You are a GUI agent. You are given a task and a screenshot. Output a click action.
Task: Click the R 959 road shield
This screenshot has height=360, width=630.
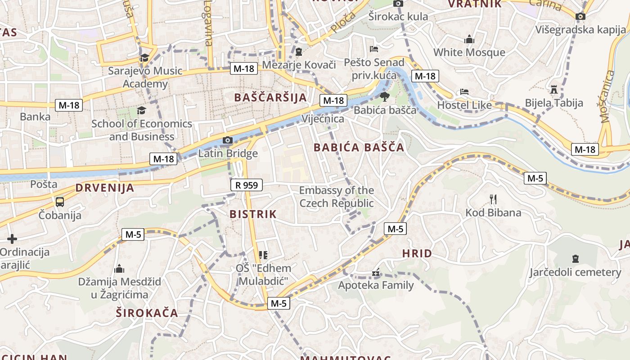tap(247, 184)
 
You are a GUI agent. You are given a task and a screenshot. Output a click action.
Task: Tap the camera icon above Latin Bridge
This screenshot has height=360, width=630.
tap(228, 140)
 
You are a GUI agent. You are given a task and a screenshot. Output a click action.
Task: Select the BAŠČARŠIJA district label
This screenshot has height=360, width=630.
tap(270, 97)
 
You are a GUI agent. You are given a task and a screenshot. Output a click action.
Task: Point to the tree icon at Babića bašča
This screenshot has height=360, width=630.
tap(385, 97)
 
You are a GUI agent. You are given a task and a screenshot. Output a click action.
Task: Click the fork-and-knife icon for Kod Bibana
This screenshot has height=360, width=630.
tap(493, 199)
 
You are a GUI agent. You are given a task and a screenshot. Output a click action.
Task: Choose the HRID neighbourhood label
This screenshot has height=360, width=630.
tap(417, 253)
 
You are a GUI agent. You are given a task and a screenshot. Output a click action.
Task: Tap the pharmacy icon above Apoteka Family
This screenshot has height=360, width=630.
tap(376, 273)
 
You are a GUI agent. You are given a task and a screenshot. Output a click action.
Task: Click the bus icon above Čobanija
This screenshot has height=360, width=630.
tap(60, 202)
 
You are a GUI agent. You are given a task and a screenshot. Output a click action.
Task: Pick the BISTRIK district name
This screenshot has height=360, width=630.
tap(253, 214)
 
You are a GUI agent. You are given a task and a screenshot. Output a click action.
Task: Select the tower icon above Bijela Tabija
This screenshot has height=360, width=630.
tap(554, 90)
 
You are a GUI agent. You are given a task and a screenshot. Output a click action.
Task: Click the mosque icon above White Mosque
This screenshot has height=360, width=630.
tap(469, 40)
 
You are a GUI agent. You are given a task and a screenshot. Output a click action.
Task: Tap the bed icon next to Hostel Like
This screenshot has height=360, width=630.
tap(464, 92)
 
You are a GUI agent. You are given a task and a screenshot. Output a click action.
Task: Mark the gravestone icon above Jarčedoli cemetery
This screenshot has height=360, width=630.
tap(575, 259)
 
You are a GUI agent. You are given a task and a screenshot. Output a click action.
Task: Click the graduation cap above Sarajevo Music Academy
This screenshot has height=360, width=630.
tap(144, 58)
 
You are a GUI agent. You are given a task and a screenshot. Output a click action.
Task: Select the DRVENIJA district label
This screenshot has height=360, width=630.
tap(105, 188)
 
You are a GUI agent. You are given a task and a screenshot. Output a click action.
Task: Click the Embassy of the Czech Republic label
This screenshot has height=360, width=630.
tap(337, 197)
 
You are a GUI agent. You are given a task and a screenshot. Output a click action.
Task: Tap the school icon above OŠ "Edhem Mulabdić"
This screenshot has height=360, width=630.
tap(264, 255)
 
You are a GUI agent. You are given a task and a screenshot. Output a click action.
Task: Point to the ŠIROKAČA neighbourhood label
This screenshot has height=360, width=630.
tap(147, 313)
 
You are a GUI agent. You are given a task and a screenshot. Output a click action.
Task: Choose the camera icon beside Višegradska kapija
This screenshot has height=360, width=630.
tap(580, 17)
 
